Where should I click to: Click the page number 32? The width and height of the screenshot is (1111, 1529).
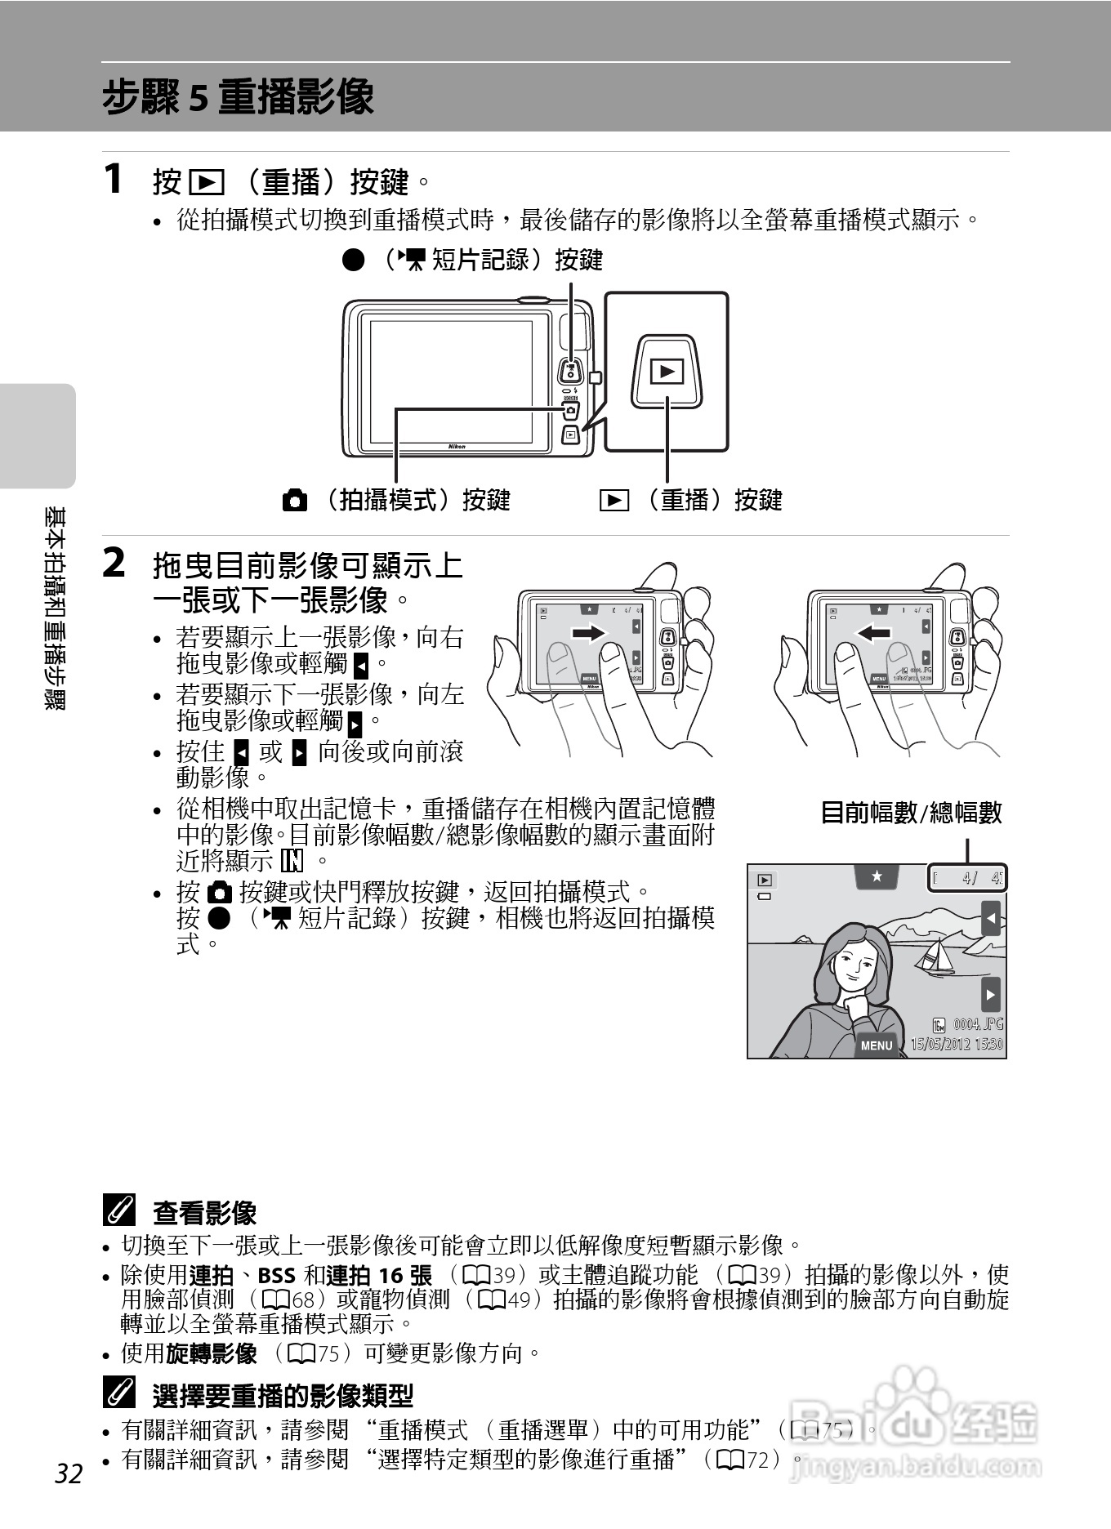pos(69,1473)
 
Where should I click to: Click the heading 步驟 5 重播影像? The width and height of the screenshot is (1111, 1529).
pos(238,97)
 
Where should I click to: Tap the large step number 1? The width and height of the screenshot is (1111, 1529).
pos(114,179)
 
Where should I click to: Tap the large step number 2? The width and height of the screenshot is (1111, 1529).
pos(114,564)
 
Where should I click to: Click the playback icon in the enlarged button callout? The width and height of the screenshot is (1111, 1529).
pos(667,372)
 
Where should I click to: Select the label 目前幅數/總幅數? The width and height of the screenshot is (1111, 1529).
pos(910,813)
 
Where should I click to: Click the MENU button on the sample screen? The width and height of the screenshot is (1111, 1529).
pos(877,1045)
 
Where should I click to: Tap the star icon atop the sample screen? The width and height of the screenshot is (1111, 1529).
pos(877,876)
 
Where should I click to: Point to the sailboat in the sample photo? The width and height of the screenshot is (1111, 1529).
pos(936,956)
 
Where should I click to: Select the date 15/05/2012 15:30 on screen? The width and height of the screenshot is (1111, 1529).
pos(957,1044)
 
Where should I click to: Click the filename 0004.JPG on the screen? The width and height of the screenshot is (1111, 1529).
pos(977,1024)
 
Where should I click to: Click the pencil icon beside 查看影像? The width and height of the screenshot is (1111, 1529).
pos(119,1210)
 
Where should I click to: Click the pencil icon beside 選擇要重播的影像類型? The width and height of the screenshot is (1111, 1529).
pos(119,1394)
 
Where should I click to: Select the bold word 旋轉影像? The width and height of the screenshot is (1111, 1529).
pos(212,1353)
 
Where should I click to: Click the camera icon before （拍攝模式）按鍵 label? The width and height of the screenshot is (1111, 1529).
pos(295,500)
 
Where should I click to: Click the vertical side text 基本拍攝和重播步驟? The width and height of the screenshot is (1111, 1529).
pos(56,608)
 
